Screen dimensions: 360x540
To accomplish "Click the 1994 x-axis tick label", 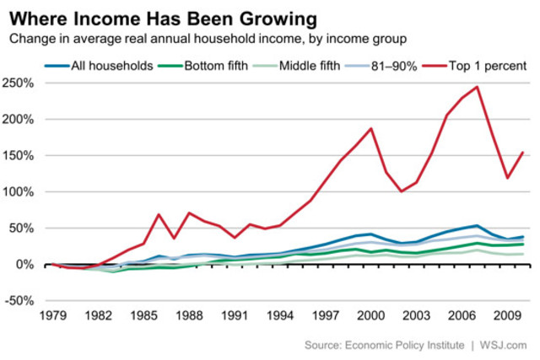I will point(278,319).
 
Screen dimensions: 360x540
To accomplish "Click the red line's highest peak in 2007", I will point(478,87).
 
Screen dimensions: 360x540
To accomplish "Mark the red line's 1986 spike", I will point(159,214).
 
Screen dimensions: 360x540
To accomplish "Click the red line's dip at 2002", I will point(402,191).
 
